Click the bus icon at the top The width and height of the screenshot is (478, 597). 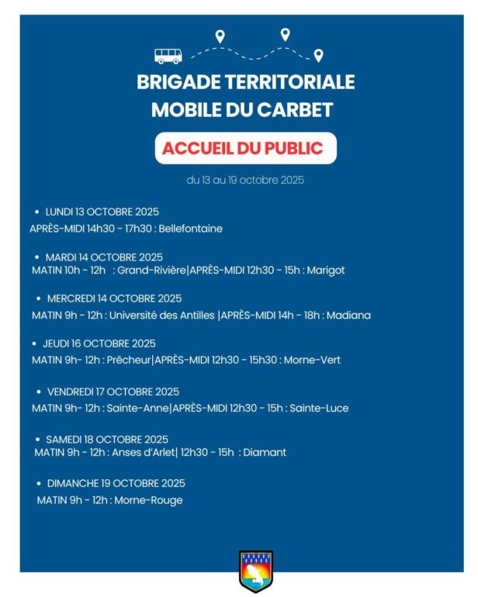tap(168, 56)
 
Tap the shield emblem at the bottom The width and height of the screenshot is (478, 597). tap(255, 571)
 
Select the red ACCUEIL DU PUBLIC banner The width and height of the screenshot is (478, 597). tap(245, 148)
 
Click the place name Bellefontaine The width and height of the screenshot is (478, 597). tap(190, 229)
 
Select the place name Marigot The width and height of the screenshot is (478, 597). tap(326, 271)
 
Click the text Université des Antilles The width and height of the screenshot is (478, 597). tap(162, 316)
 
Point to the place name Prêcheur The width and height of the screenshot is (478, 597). tap(129, 360)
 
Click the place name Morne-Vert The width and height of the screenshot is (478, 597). tap(312, 360)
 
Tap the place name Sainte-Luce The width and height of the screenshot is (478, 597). tap(319, 408)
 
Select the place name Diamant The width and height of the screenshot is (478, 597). tap(265, 452)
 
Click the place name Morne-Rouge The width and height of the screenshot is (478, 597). tap(148, 500)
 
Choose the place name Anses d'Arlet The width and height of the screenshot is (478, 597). tap(144, 452)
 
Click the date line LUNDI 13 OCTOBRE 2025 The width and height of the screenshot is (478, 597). tap(102, 212)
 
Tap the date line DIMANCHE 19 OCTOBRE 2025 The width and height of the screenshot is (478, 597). tap(116, 483)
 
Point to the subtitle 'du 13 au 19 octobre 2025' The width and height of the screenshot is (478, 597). tap(245, 180)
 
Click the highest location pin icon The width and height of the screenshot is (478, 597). tap(285, 33)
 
